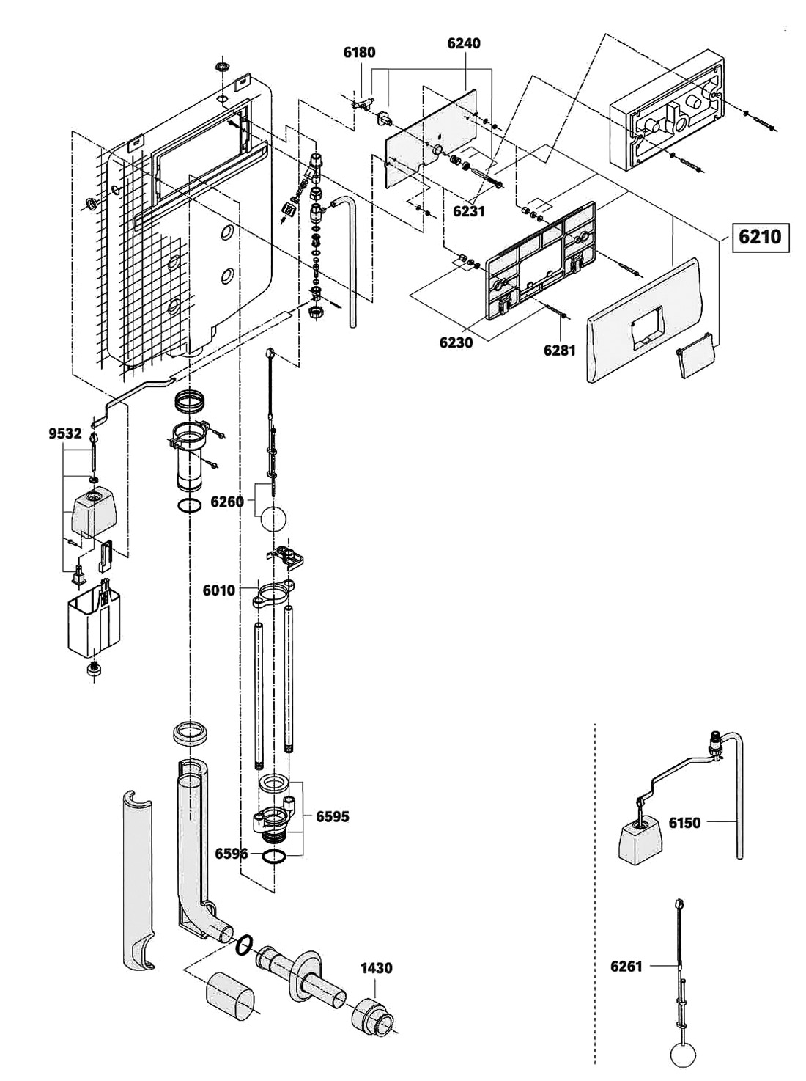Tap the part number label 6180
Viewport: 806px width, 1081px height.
pos(359,52)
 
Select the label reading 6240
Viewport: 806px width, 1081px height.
pos(463,43)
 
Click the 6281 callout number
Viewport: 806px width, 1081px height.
pos(559,351)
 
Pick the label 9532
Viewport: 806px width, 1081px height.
pos(64,433)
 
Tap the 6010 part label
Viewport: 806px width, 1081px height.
pos(219,590)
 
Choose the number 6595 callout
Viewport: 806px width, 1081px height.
pos(333,816)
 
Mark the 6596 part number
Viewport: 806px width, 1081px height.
pos(231,854)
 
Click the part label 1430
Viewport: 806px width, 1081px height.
pos(376,968)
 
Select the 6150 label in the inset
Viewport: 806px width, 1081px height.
pos(684,823)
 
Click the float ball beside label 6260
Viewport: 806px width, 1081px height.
pos(273,519)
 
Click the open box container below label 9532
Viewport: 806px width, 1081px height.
pos(92,623)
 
